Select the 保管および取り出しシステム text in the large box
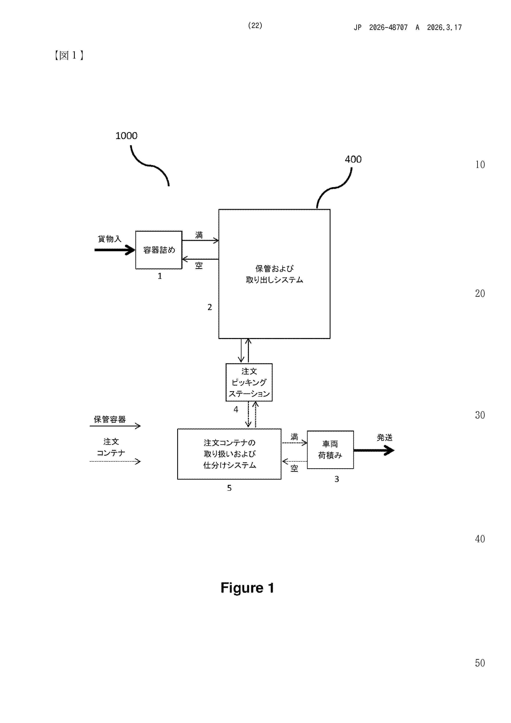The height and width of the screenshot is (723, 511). coord(274,274)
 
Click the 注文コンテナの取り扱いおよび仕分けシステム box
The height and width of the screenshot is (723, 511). coord(229,454)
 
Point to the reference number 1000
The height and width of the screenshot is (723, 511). coord(126,136)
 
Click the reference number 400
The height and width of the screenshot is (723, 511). coord(353,159)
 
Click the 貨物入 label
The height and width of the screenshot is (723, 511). coord(109,239)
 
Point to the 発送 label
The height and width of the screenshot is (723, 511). coord(384,437)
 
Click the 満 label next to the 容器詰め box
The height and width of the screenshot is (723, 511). coord(199,235)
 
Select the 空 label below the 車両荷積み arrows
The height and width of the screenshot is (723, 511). coord(294,468)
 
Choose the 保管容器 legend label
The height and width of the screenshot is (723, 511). coord(110,419)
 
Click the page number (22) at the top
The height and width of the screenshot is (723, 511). coord(255,26)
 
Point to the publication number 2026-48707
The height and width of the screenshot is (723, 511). coord(388,28)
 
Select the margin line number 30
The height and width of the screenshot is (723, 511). coord(480,415)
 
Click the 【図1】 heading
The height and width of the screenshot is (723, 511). coord(69,55)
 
